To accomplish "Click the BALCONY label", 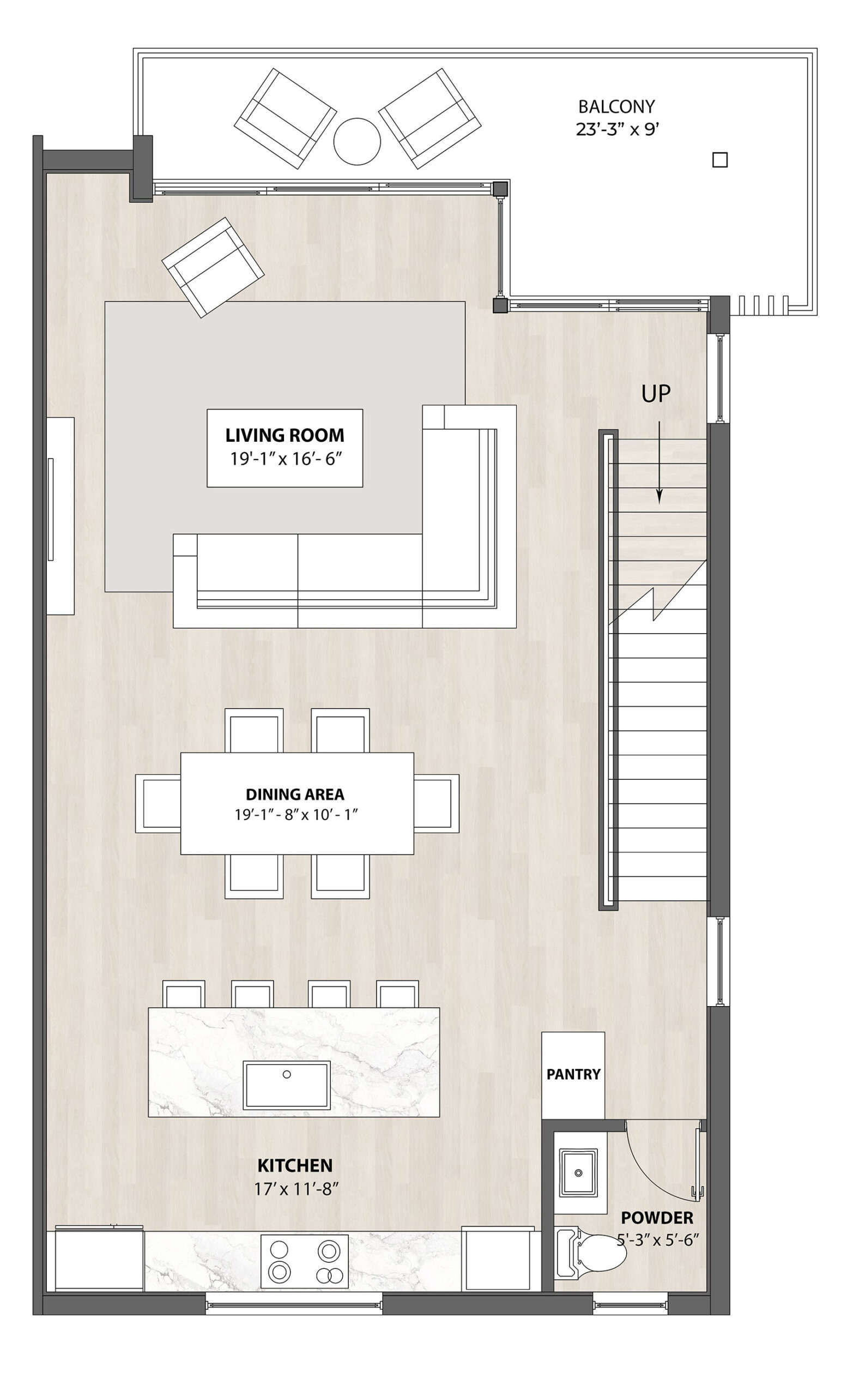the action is click(616, 106).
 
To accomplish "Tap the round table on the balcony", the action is click(356, 142).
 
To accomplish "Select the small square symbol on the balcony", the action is click(719, 160).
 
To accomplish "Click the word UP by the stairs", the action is click(656, 394).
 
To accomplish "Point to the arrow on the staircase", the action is click(659, 462).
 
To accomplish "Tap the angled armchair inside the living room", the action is click(213, 267).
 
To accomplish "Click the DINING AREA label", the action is click(295, 795).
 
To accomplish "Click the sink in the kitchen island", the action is click(287, 1085).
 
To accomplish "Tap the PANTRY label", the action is click(573, 1074).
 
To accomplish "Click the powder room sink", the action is click(579, 1172).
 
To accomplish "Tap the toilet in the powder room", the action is click(590, 1251).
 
